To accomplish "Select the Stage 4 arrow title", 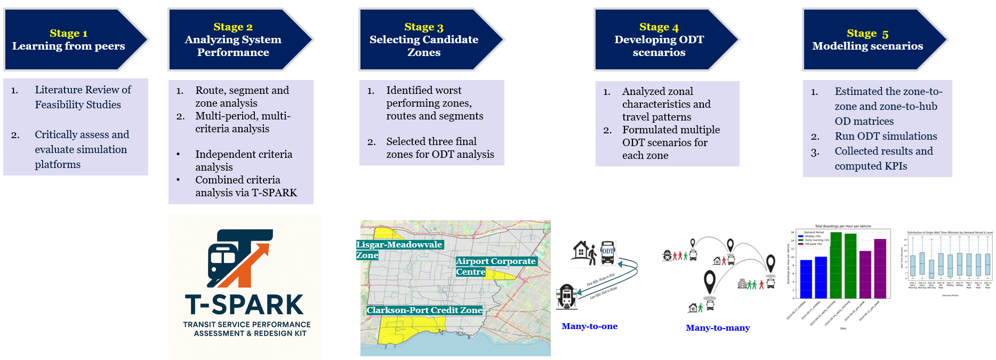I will click(658, 39).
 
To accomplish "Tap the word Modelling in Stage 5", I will click(838, 46).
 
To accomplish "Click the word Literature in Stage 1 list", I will click(58, 90).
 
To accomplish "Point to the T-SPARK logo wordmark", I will click(244, 305).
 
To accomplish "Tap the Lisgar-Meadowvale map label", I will click(399, 245).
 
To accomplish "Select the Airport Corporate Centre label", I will click(495, 261).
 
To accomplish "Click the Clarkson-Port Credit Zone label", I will click(424, 310).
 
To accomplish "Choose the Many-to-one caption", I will click(589, 326).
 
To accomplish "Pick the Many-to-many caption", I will click(718, 328).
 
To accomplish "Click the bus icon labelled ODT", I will click(608, 252).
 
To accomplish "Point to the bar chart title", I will click(842, 226).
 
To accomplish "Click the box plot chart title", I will click(950, 233).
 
